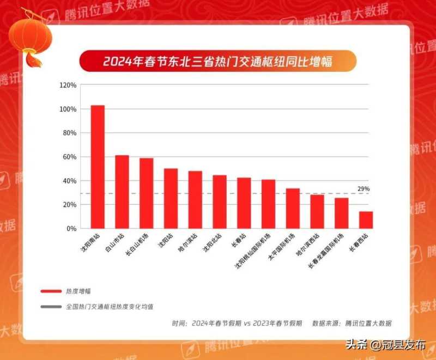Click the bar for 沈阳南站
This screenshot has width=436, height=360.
click(x=98, y=167)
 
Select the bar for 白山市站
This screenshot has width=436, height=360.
click(x=122, y=192)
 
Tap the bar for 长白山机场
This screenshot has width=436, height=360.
click(x=146, y=193)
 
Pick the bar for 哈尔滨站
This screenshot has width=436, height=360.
click(x=195, y=200)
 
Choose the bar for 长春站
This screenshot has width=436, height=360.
click(x=244, y=203)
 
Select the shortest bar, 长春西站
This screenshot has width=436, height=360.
click(x=366, y=220)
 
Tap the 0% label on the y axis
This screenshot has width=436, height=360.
click(x=71, y=229)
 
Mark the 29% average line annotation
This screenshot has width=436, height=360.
click(x=364, y=188)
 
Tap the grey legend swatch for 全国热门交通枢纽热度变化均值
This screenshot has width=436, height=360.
click(x=51, y=307)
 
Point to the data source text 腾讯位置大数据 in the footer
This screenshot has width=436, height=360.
click(x=368, y=323)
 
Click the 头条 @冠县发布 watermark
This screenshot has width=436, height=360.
click(x=388, y=344)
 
